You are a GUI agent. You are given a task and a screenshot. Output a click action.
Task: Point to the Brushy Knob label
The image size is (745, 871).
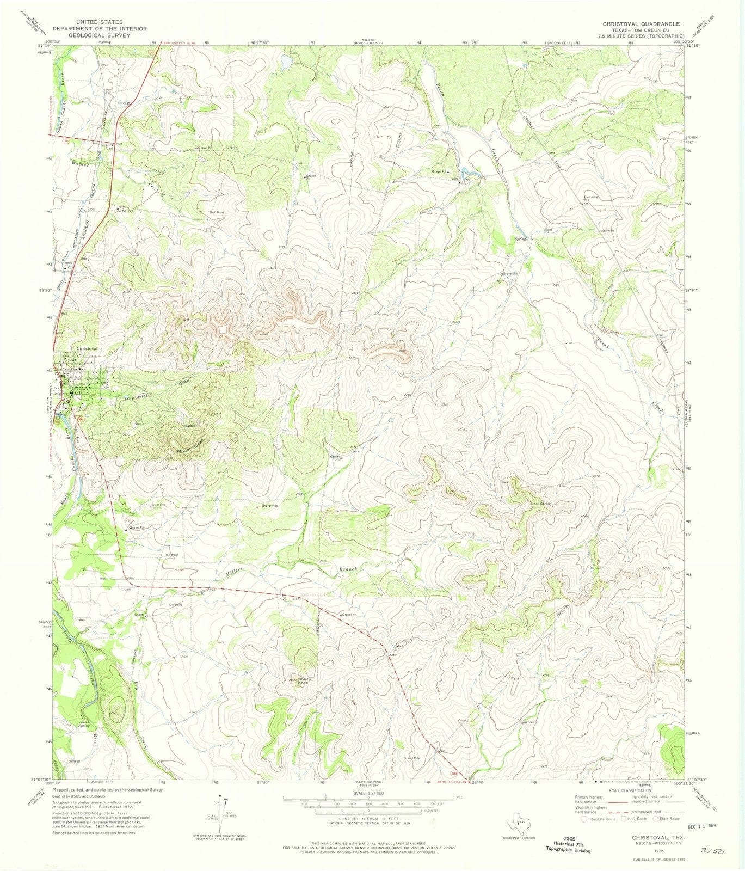[304, 682]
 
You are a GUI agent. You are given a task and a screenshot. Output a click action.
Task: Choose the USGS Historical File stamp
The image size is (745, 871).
[568, 844]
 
